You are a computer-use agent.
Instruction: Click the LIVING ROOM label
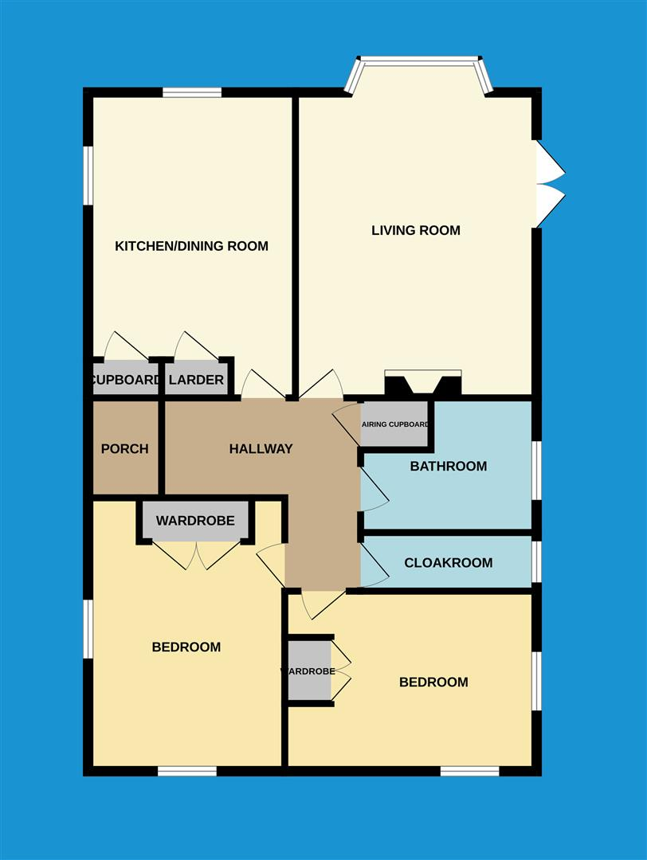[416, 231]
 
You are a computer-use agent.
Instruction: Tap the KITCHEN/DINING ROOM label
[191, 246]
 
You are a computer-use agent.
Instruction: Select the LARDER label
[196, 381]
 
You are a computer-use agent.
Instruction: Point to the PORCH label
[124, 449]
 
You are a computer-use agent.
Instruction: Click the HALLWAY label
[261, 449]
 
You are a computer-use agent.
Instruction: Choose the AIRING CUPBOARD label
[395, 424]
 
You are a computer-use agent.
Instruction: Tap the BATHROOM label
[448, 467]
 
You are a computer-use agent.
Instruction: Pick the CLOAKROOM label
[448, 563]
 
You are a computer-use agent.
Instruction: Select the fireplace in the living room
[422, 384]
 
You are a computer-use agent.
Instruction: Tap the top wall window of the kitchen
[192, 92]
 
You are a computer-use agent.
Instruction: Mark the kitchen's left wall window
[88, 175]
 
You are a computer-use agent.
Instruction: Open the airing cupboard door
[347, 422]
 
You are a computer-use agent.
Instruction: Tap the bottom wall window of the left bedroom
[186, 771]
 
